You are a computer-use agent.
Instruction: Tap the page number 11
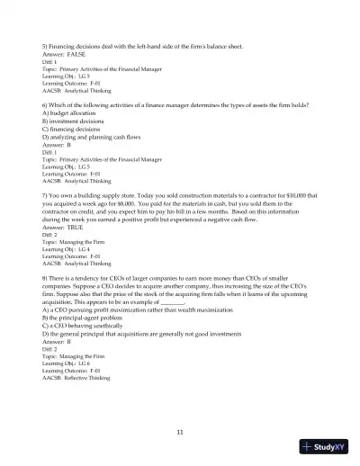pyautogui.click(x=180, y=432)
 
